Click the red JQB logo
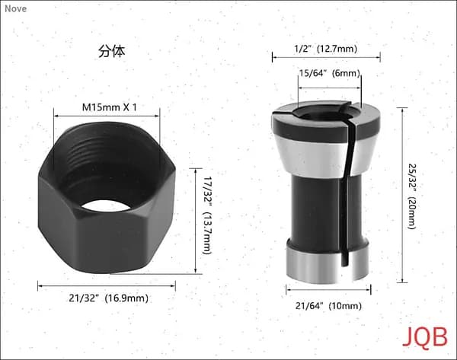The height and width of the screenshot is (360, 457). [x=425, y=337]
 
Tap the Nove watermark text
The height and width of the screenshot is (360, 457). [x=16, y=8]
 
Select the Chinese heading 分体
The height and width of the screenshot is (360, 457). [x=112, y=51]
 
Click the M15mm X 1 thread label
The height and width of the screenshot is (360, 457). [x=109, y=107]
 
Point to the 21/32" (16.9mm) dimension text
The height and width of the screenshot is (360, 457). [x=108, y=298]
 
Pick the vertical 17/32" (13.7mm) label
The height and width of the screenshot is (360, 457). [x=206, y=215]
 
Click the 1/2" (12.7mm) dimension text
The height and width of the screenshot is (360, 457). [x=325, y=49]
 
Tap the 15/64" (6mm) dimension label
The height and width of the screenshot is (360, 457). [x=330, y=73]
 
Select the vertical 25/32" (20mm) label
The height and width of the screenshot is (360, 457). [x=411, y=196]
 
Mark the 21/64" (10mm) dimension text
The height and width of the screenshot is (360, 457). [x=328, y=306]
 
